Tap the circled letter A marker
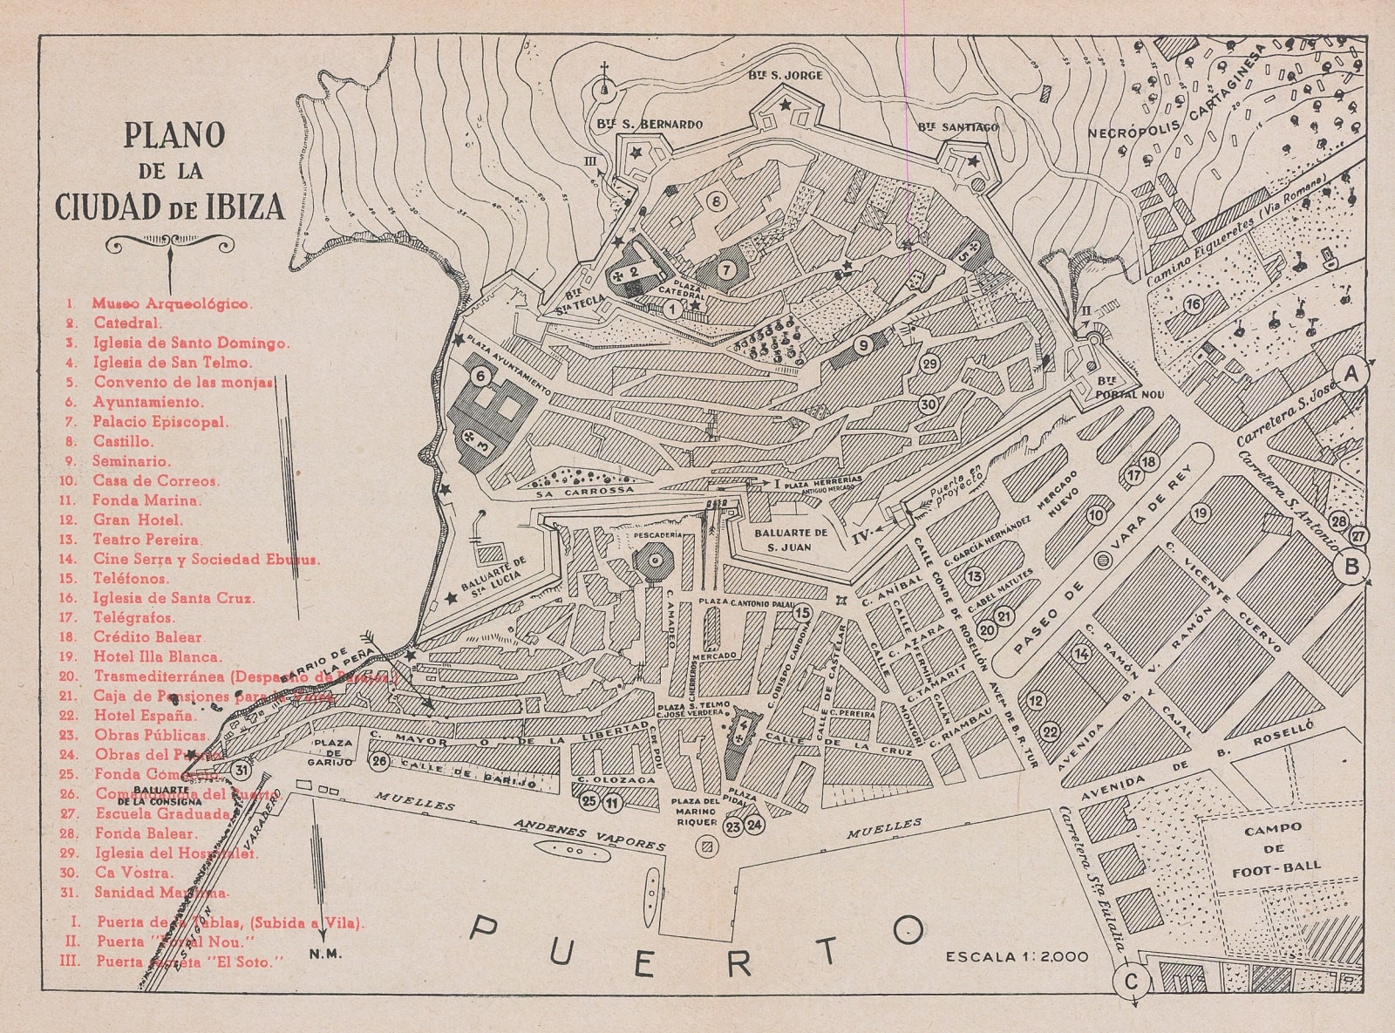1352,375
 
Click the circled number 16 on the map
1193,304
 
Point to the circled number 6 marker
480,376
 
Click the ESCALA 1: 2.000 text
1016,956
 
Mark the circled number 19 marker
1202,513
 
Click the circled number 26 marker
379,761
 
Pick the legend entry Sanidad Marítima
160,893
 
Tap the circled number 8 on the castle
716,202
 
